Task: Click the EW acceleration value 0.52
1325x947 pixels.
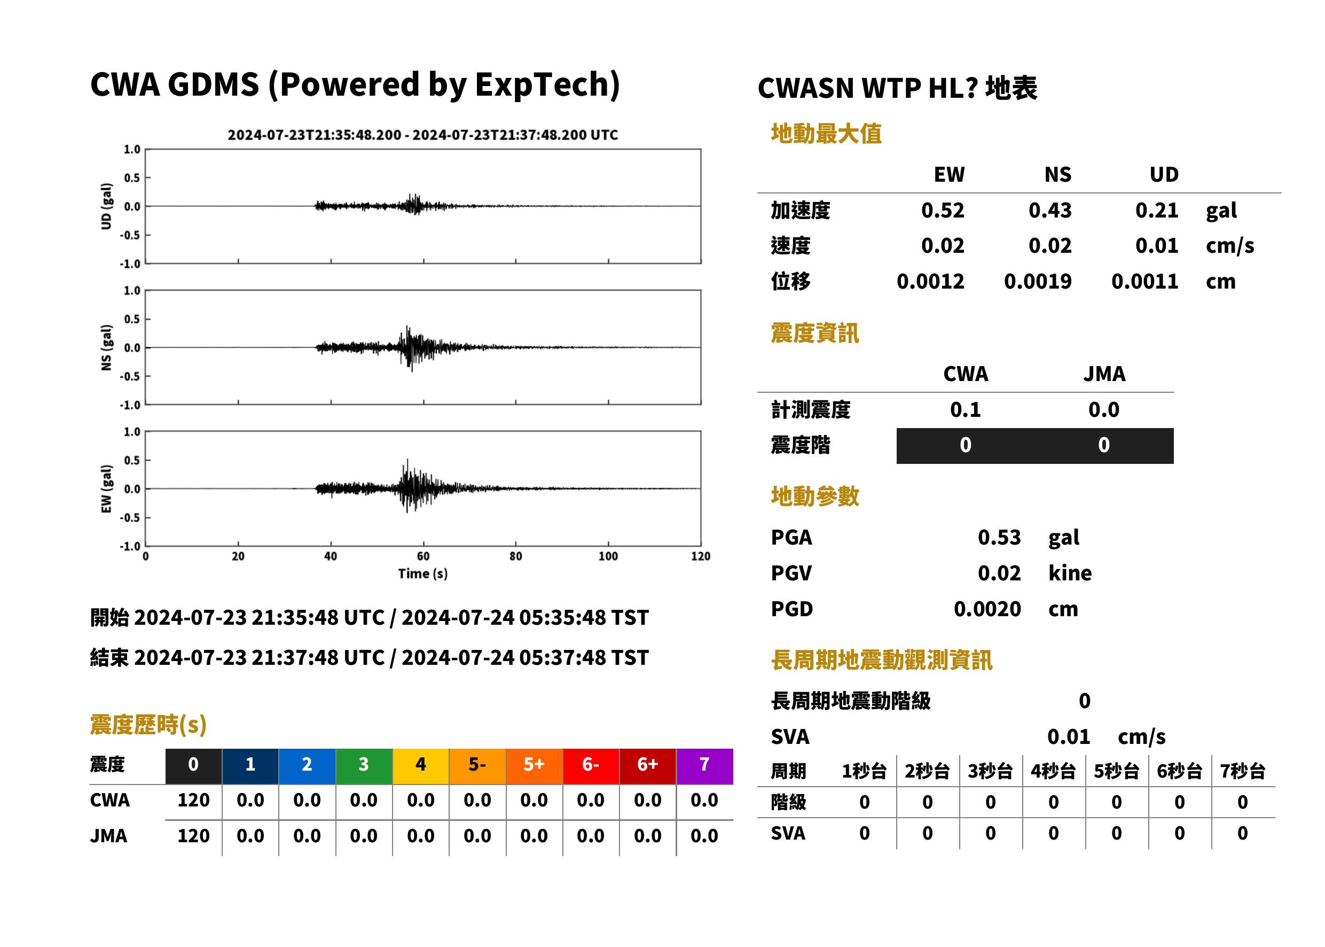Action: [x=942, y=211]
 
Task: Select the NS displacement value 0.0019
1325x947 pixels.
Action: [x=1037, y=282]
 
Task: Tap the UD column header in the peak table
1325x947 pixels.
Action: [x=1164, y=174]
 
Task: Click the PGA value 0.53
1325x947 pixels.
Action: [x=999, y=537]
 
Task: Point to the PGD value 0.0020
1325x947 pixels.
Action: [x=987, y=609]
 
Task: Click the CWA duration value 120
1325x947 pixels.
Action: [x=193, y=800]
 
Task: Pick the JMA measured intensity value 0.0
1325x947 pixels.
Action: [x=1103, y=410]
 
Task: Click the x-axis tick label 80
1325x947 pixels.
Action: [x=516, y=556]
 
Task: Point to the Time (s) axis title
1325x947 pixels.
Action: [x=423, y=574]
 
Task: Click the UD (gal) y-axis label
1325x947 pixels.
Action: [x=106, y=206]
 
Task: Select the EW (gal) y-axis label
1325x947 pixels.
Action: [x=106, y=489]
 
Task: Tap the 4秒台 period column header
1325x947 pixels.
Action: [x=1053, y=772]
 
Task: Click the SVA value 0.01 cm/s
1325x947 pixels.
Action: [x=1106, y=737]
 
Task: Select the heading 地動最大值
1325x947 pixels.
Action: [x=826, y=134]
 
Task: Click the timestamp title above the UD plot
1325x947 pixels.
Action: [x=422, y=135]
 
